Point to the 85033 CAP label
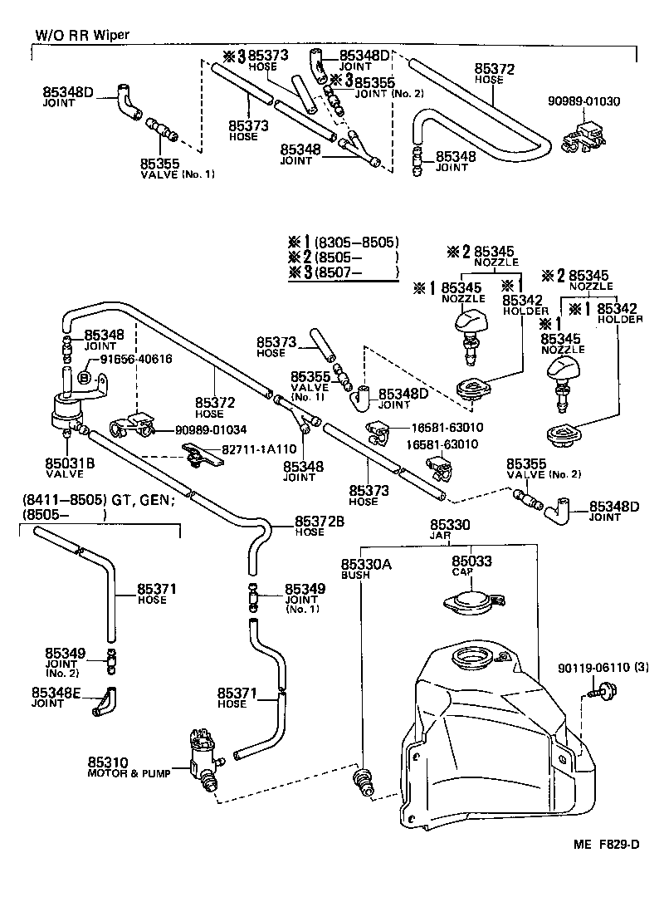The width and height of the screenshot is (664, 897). coord(471,566)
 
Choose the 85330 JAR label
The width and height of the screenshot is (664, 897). coord(450,531)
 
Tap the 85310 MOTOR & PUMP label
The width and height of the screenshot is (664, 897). coord(128,767)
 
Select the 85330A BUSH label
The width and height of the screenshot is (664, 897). coord(364,569)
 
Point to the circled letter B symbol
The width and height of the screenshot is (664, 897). coord(84,376)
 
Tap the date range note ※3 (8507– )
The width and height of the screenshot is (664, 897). coord(343,272)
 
